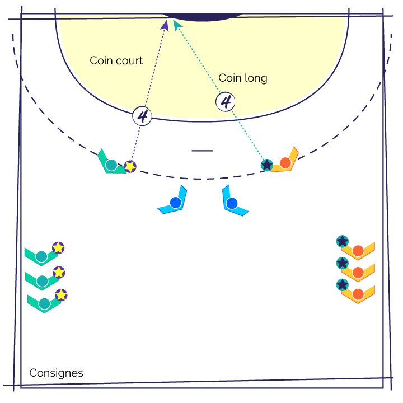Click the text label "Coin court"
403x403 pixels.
(x=116, y=60)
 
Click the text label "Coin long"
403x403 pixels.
(x=243, y=78)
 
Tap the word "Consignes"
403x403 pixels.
(x=57, y=373)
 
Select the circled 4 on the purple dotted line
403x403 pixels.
(x=142, y=116)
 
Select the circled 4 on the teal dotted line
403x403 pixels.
(x=226, y=102)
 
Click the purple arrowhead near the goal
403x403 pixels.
(x=165, y=26)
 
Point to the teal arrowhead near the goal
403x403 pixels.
(x=177, y=25)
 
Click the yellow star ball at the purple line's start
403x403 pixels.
(x=130, y=167)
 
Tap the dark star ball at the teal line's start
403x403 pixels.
(x=267, y=165)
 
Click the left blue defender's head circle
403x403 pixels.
(x=176, y=203)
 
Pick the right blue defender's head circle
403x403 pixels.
(x=232, y=204)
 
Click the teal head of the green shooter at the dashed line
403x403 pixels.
(x=111, y=165)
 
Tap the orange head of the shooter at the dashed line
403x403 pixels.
(x=285, y=163)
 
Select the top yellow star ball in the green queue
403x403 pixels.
(x=58, y=248)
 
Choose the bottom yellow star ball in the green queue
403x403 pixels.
(x=61, y=295)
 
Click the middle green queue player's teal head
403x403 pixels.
(x=42, y=281)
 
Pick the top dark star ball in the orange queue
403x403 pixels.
(x=343, y=242)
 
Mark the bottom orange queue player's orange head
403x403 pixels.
(x=358, y=294)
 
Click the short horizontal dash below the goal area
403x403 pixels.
(x=202, y=151)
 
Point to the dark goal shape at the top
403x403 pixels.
(x=203, y=17)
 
